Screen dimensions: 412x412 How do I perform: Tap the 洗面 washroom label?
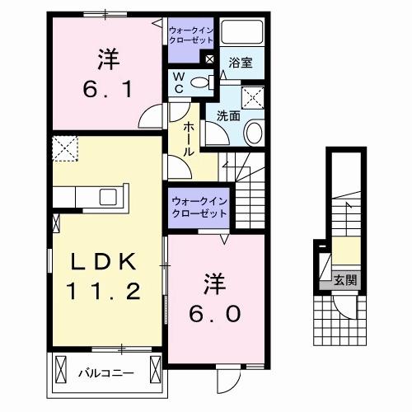point(229,115)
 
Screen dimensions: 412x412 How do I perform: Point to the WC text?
point(177,82)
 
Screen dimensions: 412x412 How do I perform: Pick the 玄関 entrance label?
point(345,280)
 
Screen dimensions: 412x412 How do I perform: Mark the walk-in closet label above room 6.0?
point(199,207)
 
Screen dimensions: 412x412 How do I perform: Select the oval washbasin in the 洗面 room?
point(255,133)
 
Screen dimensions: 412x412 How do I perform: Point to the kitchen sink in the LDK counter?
point(108,197)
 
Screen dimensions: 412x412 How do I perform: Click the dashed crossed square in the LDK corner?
point(63,150)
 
